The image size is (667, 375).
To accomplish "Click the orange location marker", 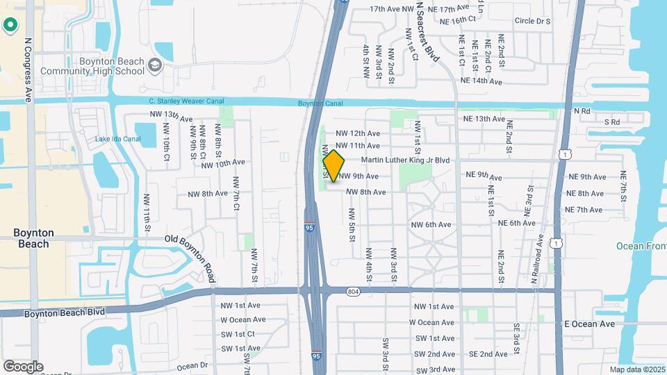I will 333,165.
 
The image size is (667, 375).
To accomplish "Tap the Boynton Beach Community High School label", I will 92,66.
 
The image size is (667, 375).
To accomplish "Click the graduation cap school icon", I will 155,65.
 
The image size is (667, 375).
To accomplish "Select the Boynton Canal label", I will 320,103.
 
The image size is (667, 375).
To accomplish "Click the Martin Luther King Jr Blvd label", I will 406,160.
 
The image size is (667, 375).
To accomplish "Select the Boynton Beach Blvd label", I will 65,312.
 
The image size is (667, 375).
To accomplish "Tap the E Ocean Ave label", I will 589,324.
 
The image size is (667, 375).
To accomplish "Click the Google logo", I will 23,366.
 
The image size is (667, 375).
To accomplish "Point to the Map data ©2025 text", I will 636,369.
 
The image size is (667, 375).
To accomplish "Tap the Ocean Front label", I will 641,247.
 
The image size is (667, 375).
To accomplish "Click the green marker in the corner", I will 10,26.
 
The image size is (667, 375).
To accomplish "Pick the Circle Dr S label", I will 532,22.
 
